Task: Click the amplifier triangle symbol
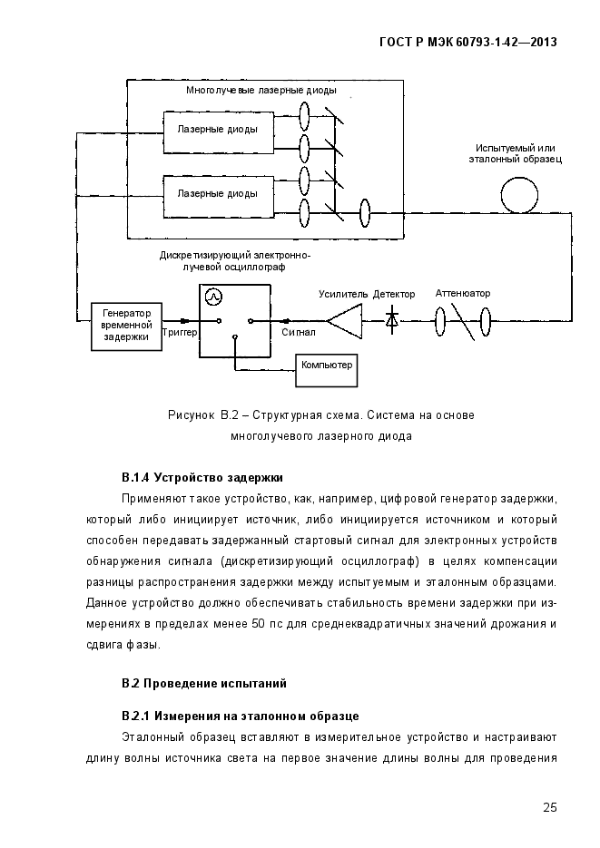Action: (345, 321)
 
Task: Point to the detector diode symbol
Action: (392, 321)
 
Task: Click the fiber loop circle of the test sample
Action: (519, 196)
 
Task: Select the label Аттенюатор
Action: (463, 294)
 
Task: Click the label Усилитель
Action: (343, 294)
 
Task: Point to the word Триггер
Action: (180, 332)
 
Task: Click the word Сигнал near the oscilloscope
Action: (298, 332)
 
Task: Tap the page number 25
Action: (550, 807)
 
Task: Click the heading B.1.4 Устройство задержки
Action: (202, 478)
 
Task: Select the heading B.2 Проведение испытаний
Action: (204, 684)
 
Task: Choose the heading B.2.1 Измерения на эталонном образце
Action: (241, 716)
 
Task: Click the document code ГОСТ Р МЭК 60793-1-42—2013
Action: (468, 43)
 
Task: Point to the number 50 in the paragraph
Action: (259, 624)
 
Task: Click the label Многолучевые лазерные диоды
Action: (261, 91)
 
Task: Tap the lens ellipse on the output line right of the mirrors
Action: (366, 213)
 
